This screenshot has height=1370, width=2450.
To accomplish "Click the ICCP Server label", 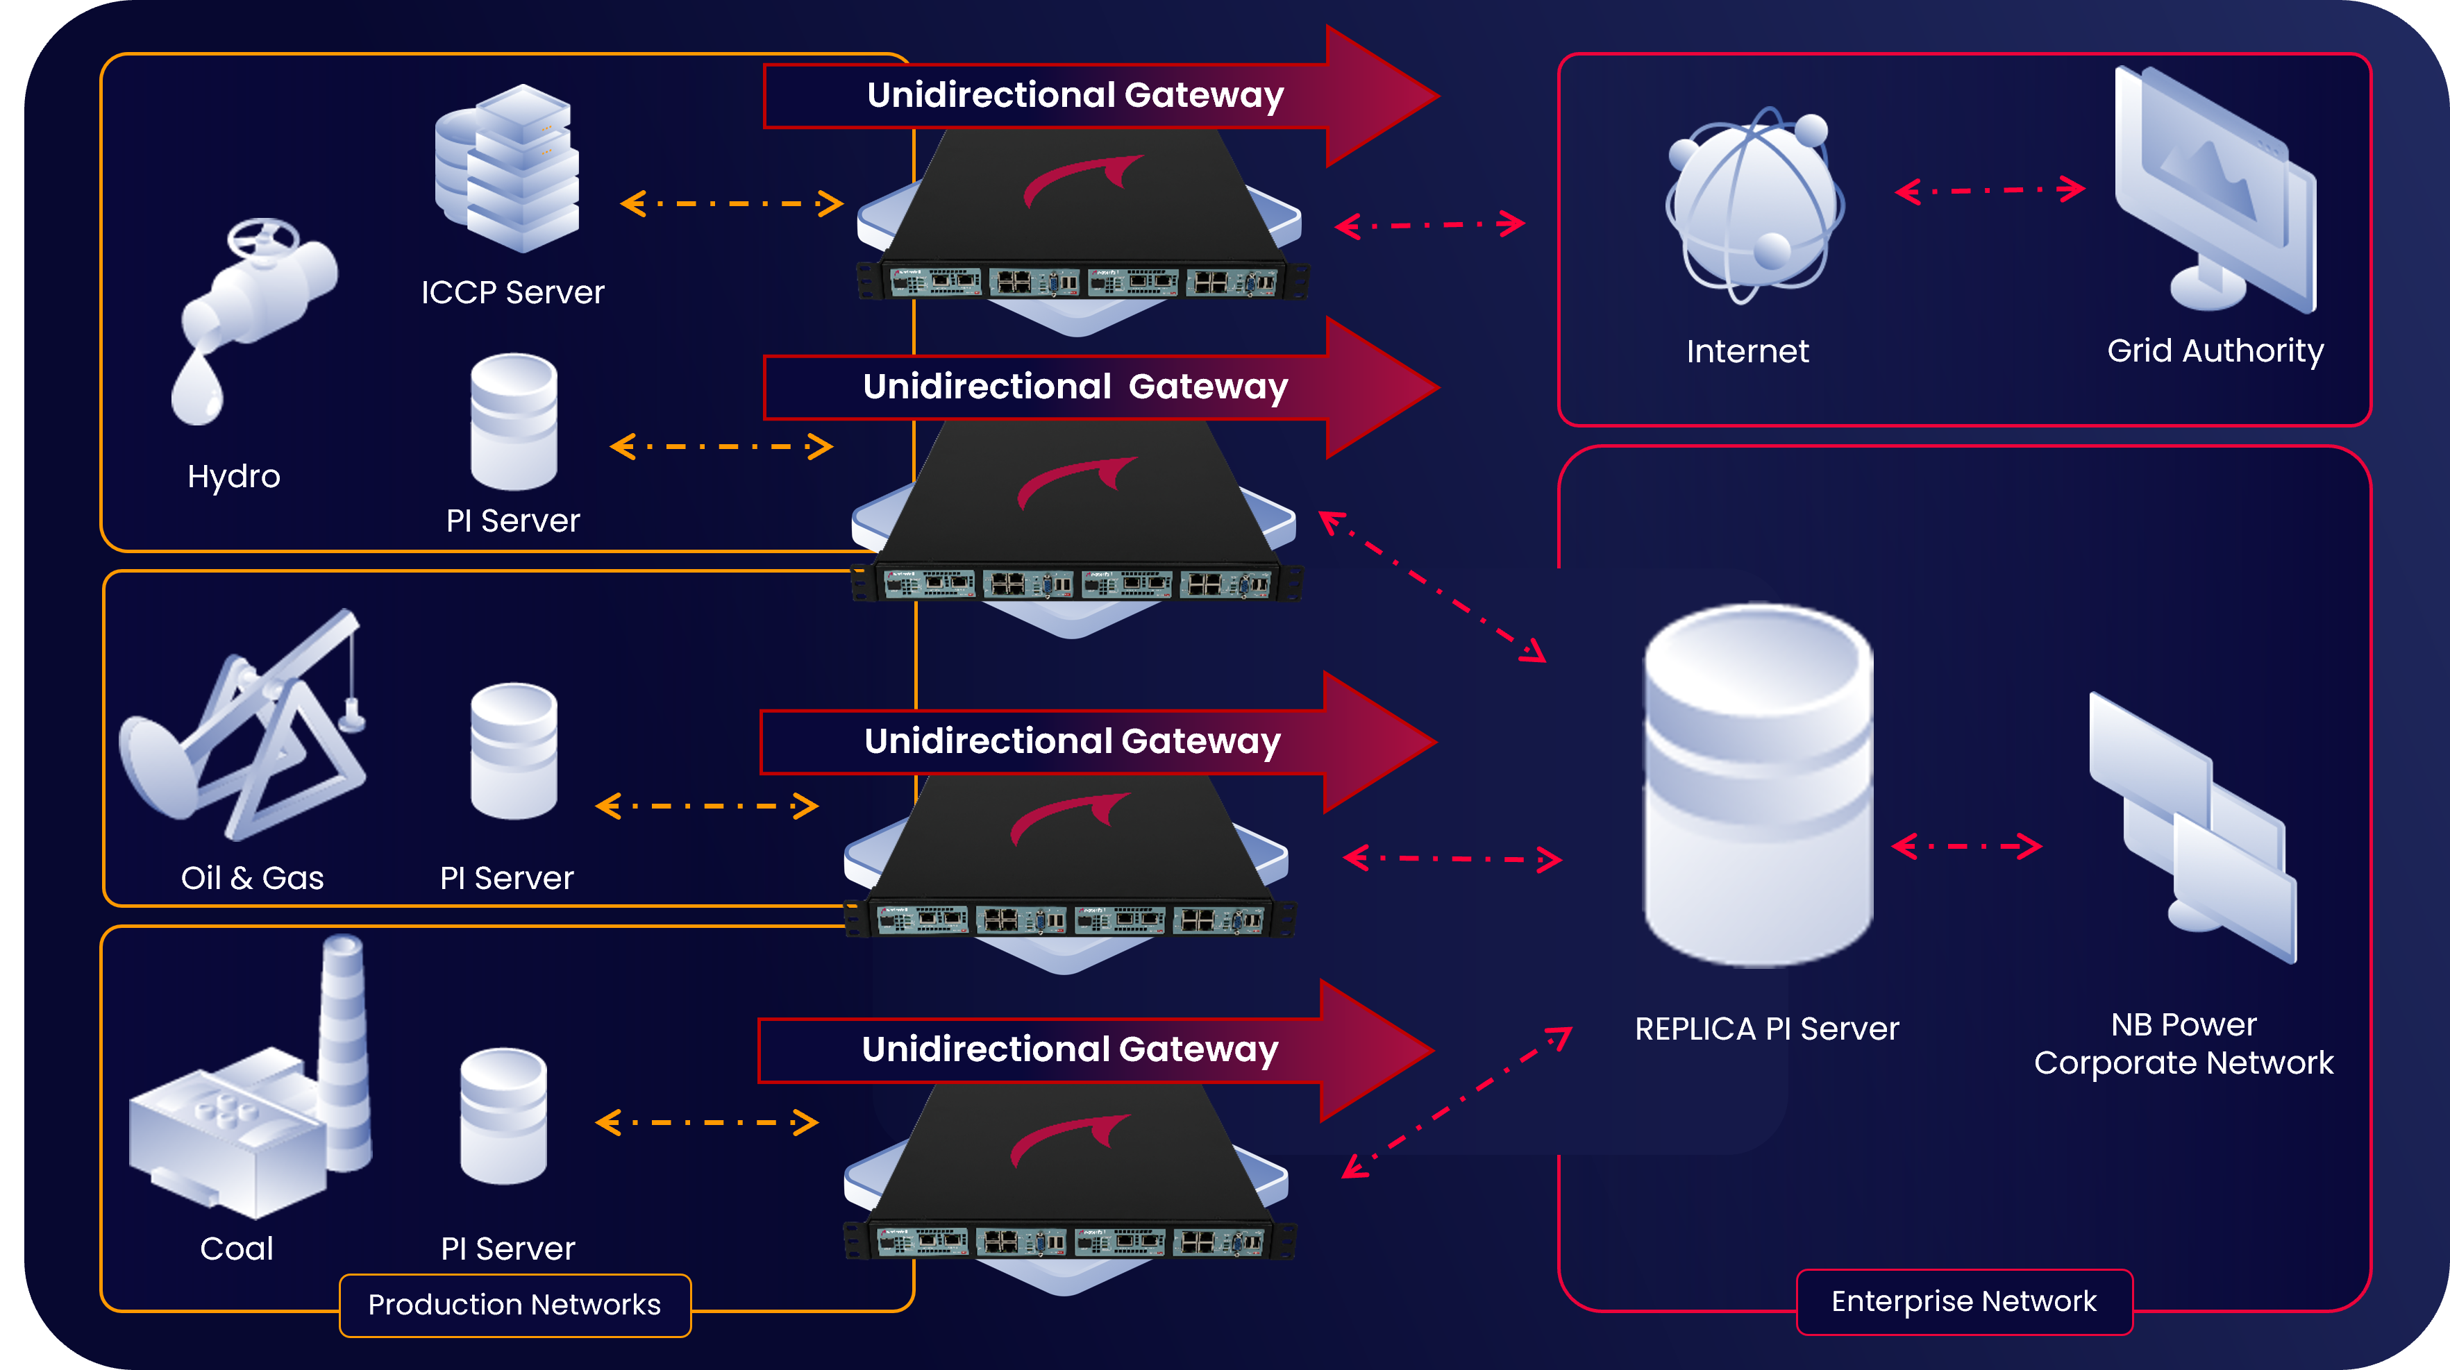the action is click(x=512, y=292).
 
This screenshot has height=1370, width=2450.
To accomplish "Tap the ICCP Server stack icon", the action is click(x=507, y=168).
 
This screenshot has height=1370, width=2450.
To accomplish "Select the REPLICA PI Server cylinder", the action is click(x=1759, y=784).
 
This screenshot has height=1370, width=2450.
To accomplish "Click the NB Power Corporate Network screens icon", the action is click(x=2192, y=827).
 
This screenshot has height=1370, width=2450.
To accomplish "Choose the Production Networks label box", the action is click(x=514, y=1304).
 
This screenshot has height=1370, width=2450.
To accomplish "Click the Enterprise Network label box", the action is click(x=1964, y=1301).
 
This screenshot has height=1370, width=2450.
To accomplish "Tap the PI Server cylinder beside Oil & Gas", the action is click(x=514, y=751).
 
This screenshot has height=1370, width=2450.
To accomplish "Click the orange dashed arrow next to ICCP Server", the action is click(x=731, y=203).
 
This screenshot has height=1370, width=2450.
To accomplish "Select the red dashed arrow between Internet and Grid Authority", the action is click(x=1990, y=190).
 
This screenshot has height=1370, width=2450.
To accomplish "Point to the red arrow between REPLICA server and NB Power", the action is click(x=1966, y=845).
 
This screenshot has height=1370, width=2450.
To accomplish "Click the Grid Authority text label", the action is click(x=2215, y=350).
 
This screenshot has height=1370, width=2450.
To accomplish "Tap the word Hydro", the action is click(x=234, y=475).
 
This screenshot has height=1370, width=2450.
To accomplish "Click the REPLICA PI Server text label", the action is click(x=1766, y=1029).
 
